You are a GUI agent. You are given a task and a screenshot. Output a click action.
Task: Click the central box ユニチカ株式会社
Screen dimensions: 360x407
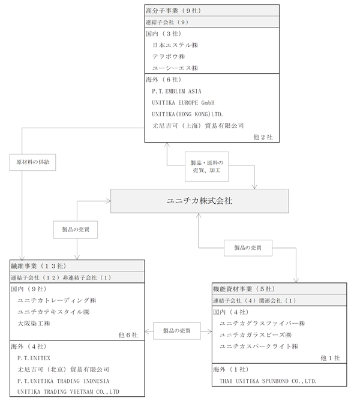click(199, 201)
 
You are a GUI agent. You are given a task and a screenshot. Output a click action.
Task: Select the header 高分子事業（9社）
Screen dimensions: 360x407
click(173, 11)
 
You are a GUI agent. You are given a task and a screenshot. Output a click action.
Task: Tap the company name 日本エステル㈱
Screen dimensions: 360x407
click(175, 45)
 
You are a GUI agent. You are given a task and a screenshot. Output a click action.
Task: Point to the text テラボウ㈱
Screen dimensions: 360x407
click(169, 56)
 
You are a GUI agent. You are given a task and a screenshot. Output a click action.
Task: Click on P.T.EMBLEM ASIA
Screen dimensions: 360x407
click(176, 91)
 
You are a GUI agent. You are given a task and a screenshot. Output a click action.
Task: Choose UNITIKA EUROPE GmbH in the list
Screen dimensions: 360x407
click(184, 102)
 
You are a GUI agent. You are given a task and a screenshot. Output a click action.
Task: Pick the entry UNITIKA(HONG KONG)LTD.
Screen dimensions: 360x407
click(188, 114)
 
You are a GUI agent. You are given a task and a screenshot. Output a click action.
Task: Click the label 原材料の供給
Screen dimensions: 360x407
click(33, 162)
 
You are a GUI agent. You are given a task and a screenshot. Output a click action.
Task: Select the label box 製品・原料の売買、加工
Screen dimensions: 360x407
click(207, 167)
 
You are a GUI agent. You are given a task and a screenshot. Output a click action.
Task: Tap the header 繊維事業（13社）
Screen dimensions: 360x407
click(38, 266)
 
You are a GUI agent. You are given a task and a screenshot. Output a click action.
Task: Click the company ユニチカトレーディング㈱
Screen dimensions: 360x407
click(57, 300)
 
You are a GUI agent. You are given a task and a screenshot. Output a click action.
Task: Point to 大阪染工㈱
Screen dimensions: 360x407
click(34, 324)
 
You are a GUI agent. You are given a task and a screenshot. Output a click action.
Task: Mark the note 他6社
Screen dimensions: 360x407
click(128, 335)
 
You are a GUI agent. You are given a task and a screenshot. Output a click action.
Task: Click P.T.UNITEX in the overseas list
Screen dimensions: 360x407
click(34, 358)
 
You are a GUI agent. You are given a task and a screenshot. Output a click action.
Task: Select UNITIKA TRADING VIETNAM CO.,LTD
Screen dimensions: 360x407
click(68, 391)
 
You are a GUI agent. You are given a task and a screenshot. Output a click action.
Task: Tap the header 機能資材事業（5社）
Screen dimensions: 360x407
click(244, 289)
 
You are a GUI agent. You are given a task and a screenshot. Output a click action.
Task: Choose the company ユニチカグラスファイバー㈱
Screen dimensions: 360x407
click(262, 324)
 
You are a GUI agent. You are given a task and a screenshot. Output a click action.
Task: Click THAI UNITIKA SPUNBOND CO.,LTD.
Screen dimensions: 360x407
click(268, 381)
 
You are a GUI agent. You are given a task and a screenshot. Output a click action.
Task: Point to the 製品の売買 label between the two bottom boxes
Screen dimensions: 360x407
click(177, 331)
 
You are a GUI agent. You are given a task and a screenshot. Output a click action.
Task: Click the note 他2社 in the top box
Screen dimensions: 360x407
click(263, 137)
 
